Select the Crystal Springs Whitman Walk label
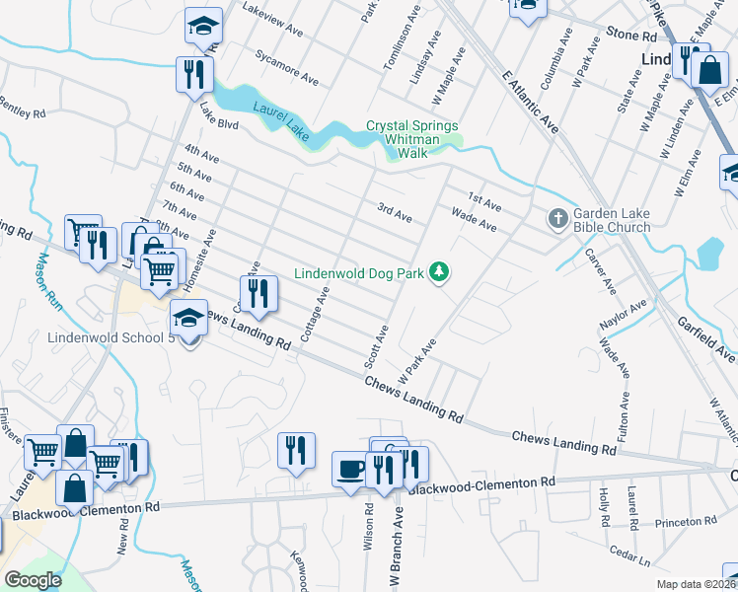pos(412,132)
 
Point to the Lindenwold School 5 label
pos(111,337)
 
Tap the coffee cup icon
pos(349,467)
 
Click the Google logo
pos(33,580)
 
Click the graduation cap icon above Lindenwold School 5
pos(189,317)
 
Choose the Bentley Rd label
pos(22,108)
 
